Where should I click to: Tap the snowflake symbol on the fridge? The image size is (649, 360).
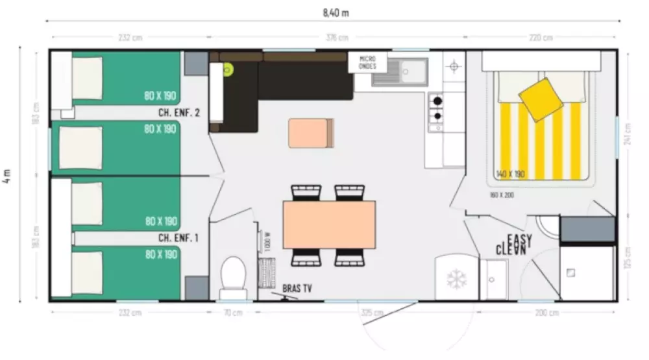pos(456,280)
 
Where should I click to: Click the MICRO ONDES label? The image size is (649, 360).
pos(368,62)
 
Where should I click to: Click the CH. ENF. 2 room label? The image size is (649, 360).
pos(179,112)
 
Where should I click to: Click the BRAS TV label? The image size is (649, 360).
pos(297,288)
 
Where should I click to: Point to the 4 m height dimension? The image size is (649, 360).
pos(7,176)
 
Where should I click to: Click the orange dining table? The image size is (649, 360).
pos(329,224)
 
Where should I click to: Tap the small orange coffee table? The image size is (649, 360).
pos(311,133)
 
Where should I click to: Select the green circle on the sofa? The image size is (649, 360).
pos(228,69)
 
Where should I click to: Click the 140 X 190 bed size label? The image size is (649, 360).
pos(510,174)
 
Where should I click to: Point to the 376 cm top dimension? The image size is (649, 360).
pos(336,38)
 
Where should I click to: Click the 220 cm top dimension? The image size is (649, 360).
pos(541,38)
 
